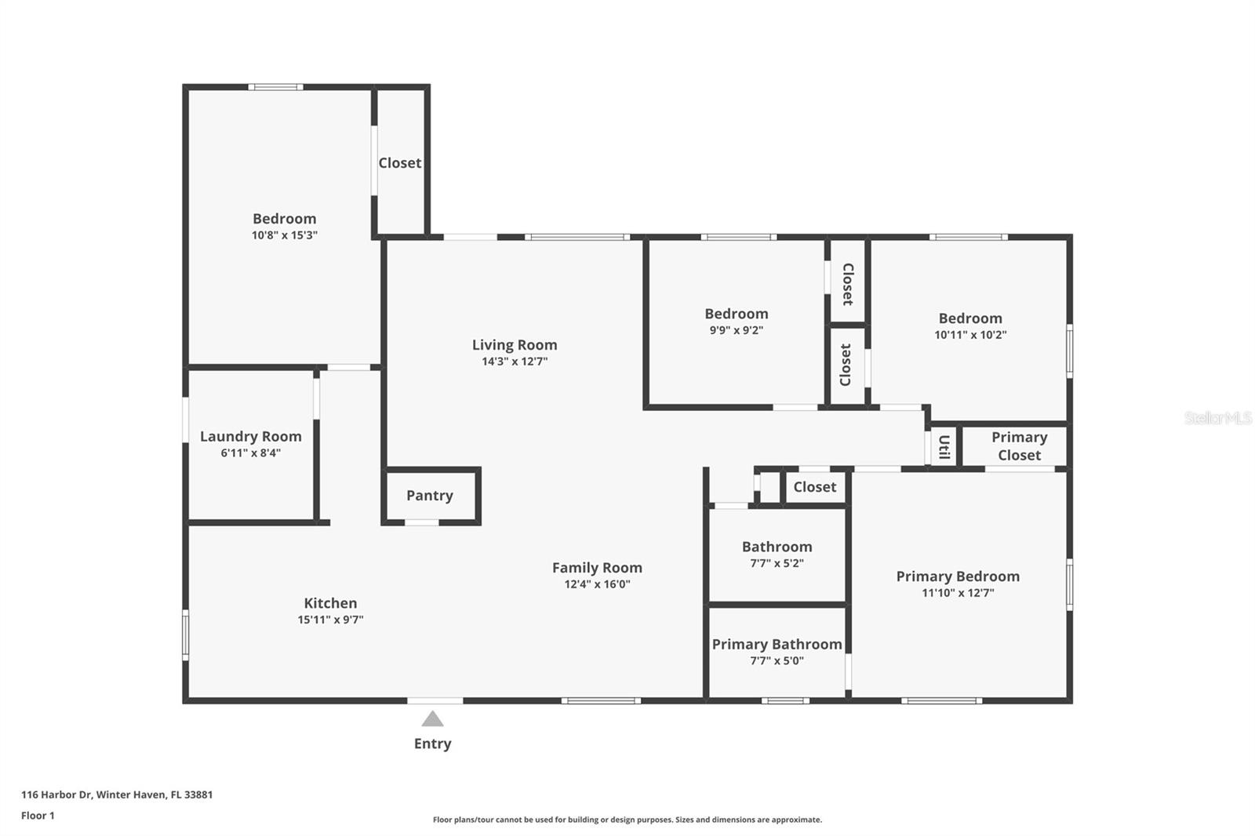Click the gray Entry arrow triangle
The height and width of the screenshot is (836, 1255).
[x=432, y=719]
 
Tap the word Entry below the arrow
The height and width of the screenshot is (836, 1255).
[x=432, y=743]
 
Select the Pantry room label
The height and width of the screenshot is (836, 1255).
[x=430, y=496]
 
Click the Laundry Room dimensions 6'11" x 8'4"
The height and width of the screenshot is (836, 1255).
[x=250, y=453]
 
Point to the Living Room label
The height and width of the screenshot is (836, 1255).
[x=515, y=344]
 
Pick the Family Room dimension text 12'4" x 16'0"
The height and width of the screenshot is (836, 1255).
[x=597, y=583]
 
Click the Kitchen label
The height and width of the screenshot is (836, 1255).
[x=330, y=603]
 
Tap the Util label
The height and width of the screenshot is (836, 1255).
[x=944, y=446]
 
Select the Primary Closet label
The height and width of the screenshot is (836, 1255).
[x=1019, y=446]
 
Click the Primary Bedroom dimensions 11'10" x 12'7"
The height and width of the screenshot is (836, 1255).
[x=958, y=592]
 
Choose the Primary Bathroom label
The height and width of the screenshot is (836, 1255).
[x=777, y=645]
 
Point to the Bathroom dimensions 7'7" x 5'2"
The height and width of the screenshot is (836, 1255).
[x=777, y=563]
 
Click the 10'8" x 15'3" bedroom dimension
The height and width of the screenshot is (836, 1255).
[x=284, y=234]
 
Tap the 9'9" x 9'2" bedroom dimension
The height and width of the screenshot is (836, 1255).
[x=737, y=330]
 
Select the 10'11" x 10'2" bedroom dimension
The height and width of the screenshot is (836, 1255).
[x=969, y=335]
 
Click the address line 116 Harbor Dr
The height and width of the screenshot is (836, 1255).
[x=117, y=794]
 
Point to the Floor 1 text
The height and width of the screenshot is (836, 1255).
[x=38, y=816]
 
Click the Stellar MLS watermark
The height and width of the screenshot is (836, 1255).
[x=1218, y=418]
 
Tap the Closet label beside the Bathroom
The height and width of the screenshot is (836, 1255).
[x=815, y=487]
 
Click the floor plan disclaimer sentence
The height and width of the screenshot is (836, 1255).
[x=627, y=820]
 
